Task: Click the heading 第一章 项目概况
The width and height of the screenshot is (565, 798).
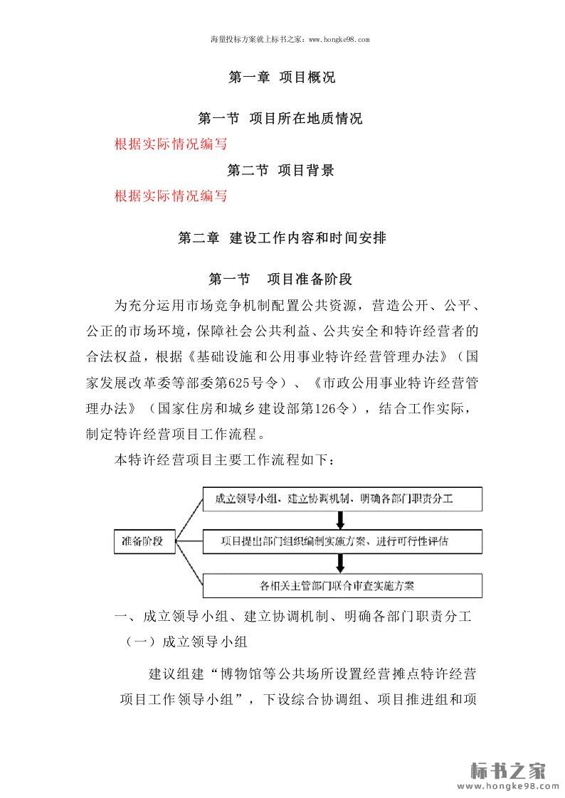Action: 282,78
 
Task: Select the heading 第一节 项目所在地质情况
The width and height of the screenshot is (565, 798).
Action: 280,118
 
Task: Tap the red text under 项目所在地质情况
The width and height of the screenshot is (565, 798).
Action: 171,144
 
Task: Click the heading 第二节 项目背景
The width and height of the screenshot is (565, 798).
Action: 280,170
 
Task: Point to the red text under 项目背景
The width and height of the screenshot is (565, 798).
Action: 171,196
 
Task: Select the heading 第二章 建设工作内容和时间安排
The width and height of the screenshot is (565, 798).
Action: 282,238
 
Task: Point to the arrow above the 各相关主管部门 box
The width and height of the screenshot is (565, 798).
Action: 342,563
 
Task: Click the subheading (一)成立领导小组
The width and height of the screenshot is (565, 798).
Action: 186,642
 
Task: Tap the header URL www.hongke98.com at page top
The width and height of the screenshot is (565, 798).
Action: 337,41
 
